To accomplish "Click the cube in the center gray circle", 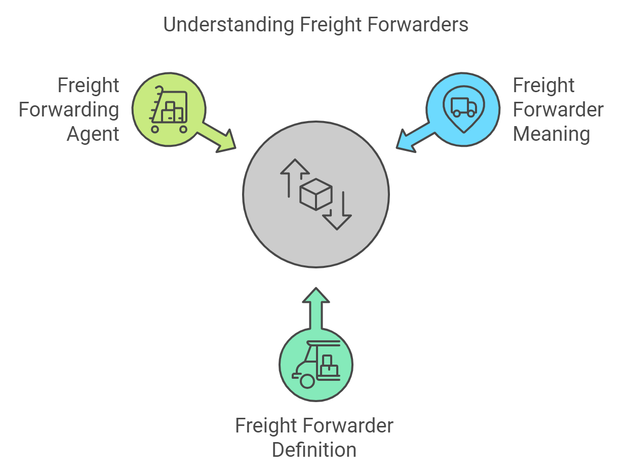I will (316, 194).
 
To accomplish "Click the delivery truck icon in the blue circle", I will (463, 107).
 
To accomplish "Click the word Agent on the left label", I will (93, 134).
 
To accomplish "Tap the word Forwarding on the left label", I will (69, 110).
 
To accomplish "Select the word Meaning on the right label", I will (551, 134).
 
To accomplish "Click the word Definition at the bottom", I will (314, 450).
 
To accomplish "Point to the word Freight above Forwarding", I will (88, 86).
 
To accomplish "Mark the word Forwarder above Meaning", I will (558, 110).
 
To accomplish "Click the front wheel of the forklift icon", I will (307, 381).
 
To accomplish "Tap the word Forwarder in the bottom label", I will (349, 426).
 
